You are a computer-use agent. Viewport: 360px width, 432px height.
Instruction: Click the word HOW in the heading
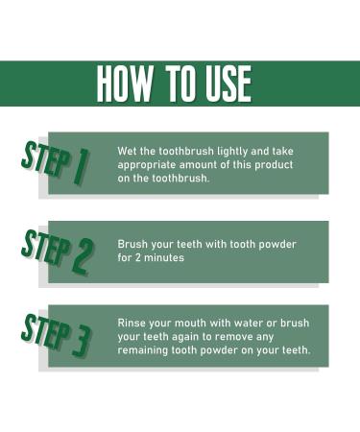click(129, 84)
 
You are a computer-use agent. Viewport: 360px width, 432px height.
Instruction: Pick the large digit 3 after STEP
click(82, 339)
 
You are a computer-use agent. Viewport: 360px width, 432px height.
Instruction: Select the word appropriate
click(150, 165)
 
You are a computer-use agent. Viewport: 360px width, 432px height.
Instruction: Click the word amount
click(208, 165)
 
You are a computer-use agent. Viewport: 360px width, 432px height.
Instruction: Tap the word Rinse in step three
click(134, 323)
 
